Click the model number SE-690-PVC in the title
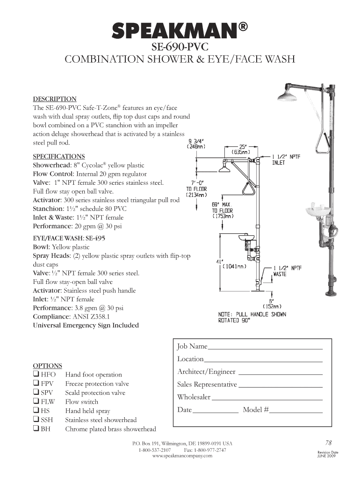pos(180,48)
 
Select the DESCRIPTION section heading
pos(54,99)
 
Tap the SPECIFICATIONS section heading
pos(58,156)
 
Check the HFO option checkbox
pos(36,374)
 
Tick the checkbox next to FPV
pos(36,384)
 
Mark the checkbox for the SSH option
pos(36,420)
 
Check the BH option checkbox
pos(36,428)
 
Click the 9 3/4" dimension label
pos(196,143)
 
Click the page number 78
pos(329,443)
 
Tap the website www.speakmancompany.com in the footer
pos(179,456)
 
